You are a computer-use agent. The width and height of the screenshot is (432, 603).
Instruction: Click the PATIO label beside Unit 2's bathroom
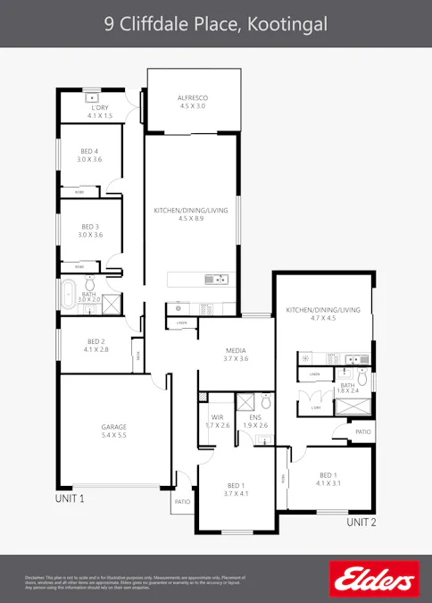[x=362, y=431]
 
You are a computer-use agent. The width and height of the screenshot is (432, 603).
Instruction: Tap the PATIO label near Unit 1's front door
[x=182, y=501]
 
